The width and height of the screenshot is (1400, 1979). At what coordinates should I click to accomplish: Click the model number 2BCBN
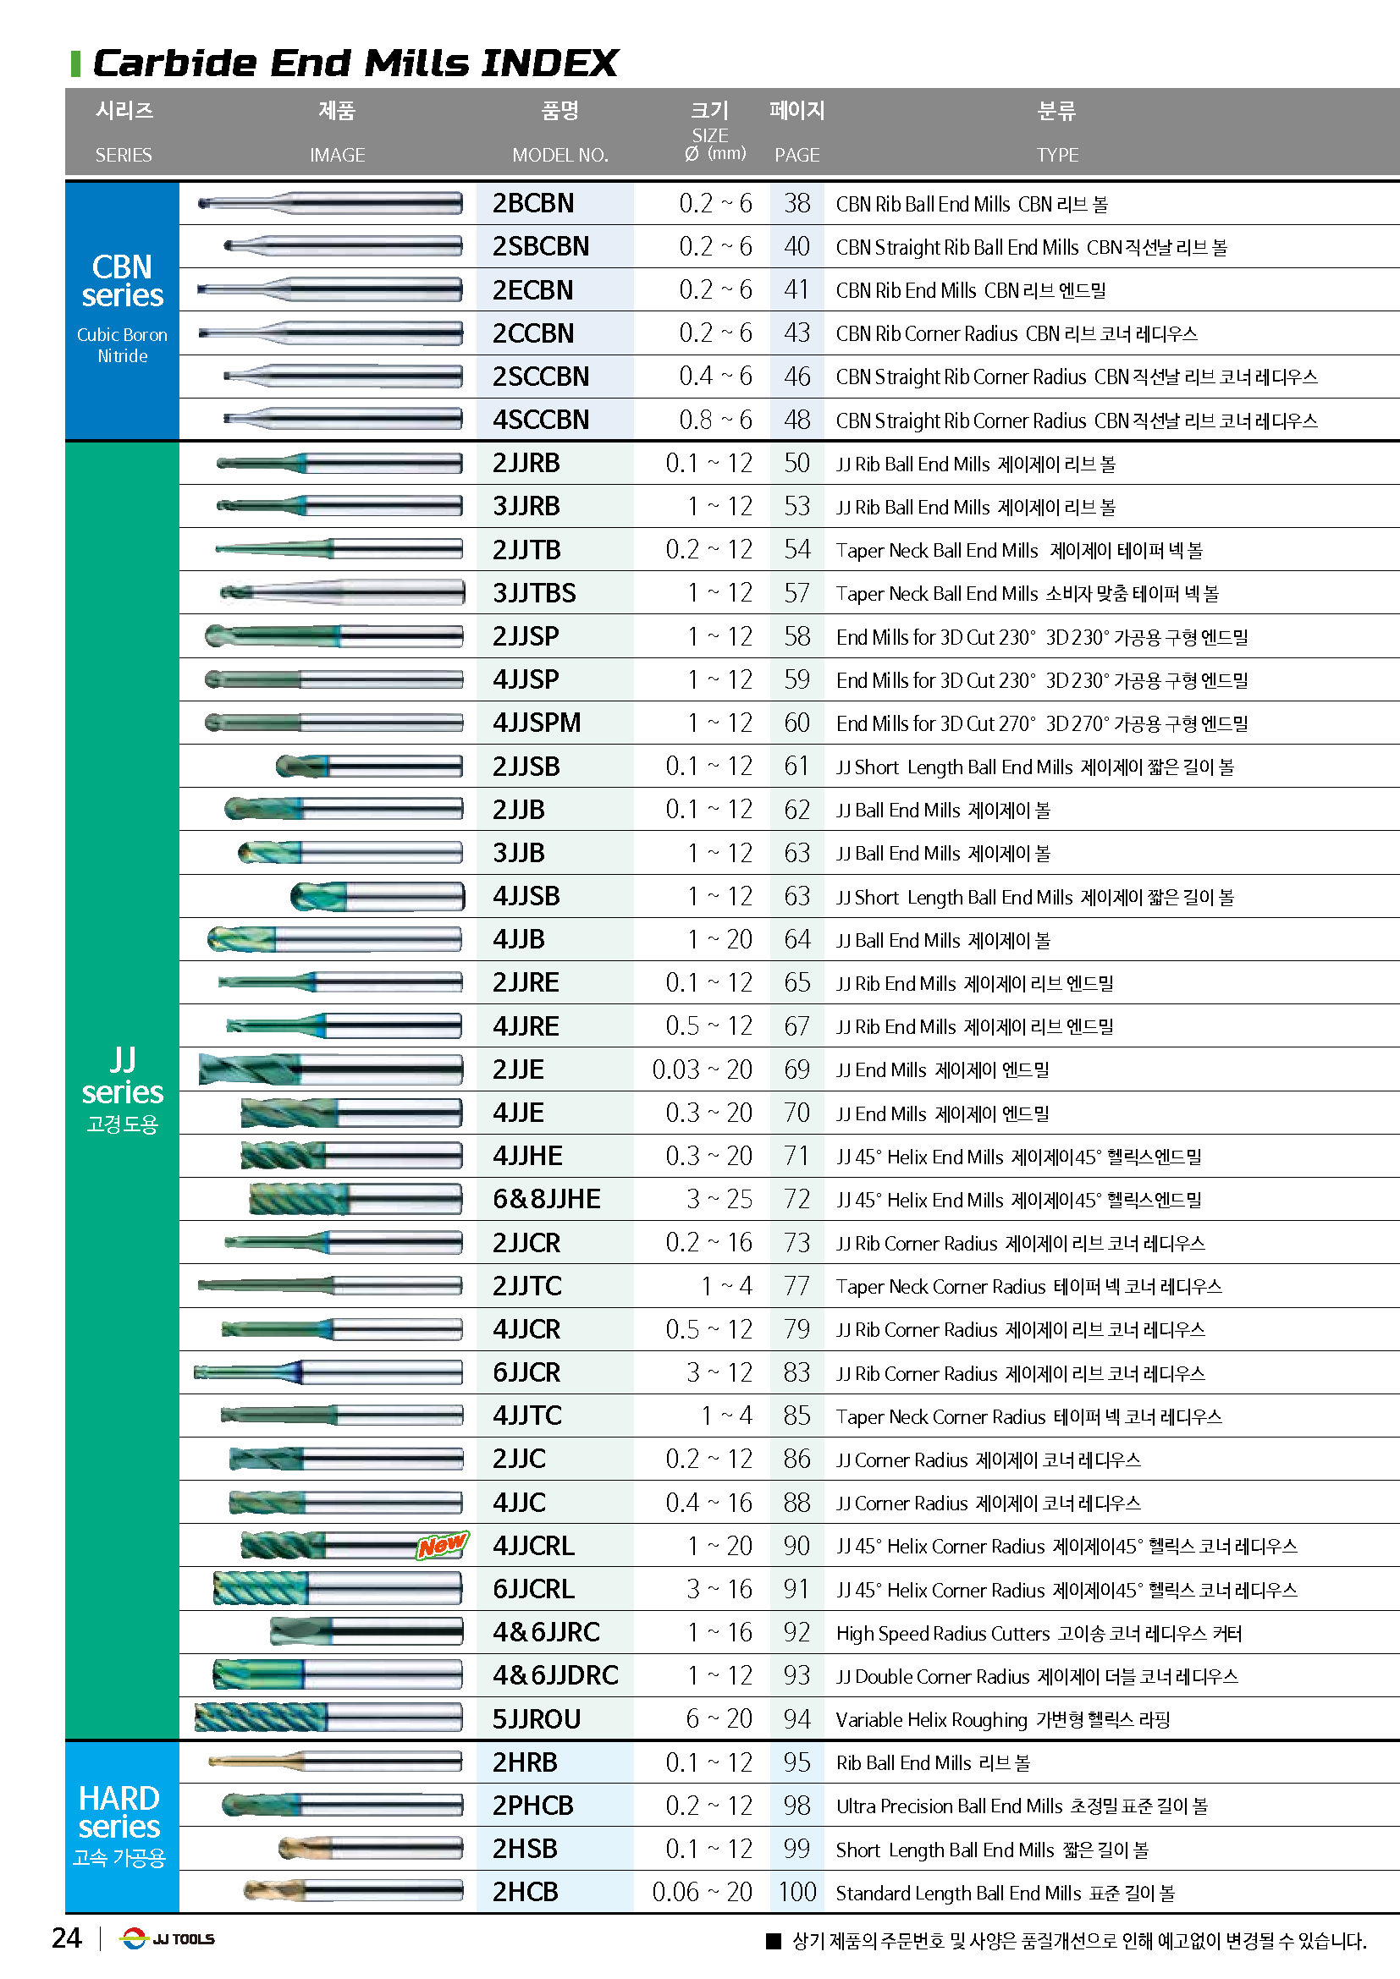[x=532, y=203]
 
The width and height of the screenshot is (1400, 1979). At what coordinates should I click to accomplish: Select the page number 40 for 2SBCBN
[x=796, y=246]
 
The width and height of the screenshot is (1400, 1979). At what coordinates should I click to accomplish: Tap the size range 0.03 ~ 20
[x=702, y=1069]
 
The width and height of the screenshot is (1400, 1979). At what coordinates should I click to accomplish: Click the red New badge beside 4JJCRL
[x=442, y=1545]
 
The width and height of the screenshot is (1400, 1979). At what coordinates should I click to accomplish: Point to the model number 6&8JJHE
[x=547, y=1199]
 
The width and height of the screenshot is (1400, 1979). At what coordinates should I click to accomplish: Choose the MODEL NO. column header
[x=559, y=155]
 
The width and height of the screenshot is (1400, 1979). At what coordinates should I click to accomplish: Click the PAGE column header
[x=796, y=155]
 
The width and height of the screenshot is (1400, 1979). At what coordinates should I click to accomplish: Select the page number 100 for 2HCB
[x=796, y=1891]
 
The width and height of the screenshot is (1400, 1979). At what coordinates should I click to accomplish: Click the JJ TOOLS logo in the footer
[x=168, y=1938]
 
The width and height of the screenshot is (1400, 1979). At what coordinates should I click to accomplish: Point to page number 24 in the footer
[x=66, y=1938]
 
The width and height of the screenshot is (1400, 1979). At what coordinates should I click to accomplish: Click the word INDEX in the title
[x=549, y=63]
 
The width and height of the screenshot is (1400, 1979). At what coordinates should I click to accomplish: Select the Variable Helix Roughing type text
[x=931, y=1719]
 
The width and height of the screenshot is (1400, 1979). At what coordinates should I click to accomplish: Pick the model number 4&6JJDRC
[x=555, y=1674]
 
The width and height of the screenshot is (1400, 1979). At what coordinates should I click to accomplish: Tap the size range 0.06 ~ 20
[x=702, y=1891]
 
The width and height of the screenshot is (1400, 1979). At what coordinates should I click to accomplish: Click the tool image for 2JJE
[x=330, y=1069]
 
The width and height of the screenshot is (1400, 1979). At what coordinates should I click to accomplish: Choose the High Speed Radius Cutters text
[x=942, y=1633]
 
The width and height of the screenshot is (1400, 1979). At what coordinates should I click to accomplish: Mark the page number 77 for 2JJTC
[x=796, y=1286]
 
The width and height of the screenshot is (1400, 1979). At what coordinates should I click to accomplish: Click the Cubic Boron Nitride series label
[x=123, y=344]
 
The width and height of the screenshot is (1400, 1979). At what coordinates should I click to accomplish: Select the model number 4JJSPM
[x=536, y=723]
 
